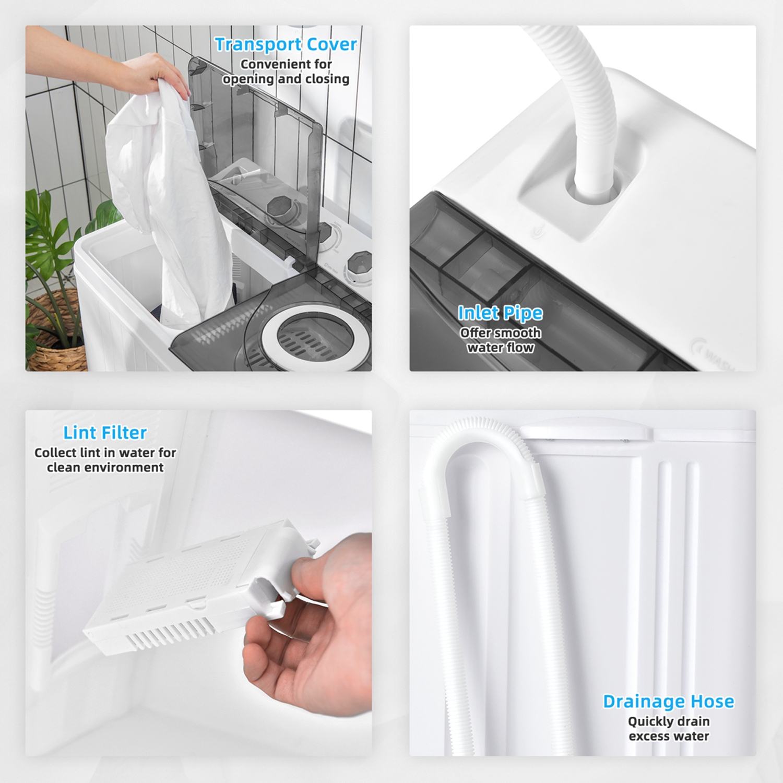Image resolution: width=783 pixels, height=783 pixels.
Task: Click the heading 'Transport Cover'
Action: point(286,44)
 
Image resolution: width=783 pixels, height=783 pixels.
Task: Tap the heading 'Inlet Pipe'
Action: point(500,313)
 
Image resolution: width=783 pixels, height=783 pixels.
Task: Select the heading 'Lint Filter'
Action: point(105,433)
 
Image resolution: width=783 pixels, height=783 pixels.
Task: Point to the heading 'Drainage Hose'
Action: point(668,701)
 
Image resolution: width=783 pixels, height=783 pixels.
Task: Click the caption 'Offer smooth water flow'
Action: point(500,340)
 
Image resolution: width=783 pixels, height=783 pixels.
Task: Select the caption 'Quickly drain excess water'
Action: point(668,729)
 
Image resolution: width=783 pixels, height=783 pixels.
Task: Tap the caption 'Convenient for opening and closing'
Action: point(286,72)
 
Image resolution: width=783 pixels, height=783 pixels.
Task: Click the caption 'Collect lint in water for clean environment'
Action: point(105,460)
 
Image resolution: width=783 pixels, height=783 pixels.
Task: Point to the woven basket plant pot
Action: point(55,334)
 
